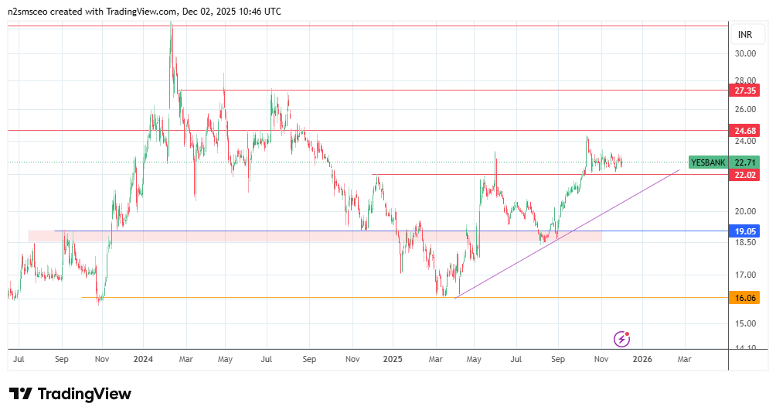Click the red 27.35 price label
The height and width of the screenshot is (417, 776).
pos(745,91)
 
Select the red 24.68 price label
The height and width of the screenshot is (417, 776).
pos(745,131)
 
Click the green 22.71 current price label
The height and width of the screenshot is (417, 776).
pos(745,162)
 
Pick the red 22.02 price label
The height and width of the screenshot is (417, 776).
pos(745,175)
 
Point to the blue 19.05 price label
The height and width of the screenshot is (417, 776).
pos(745,231)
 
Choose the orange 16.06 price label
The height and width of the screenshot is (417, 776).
pos(745,297)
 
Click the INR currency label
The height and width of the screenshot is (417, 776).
pos(745,35)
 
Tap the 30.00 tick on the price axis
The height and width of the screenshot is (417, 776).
pos(745,53)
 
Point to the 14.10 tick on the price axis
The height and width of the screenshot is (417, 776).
pos(745,348)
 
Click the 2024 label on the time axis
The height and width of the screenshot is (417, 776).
pos(143,360)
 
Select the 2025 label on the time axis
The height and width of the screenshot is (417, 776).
pos(393,360)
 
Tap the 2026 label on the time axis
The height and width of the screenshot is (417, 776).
pos(643,360)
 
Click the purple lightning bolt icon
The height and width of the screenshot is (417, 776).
pos(622,339)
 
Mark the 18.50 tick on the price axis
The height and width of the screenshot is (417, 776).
pos(745,242)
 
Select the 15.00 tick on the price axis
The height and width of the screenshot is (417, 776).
pos(745,323)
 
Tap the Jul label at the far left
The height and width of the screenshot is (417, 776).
pos(19,360)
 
